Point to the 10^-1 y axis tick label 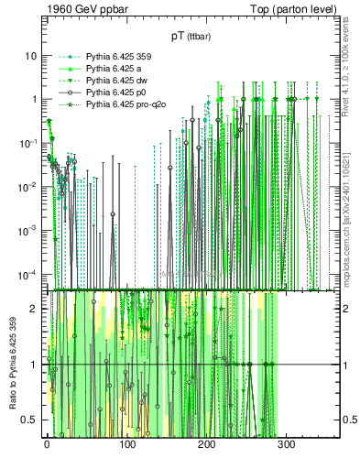tap(27, 142)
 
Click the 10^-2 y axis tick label tap(27, 186)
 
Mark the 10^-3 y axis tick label tap(27, 230)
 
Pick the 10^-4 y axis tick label tap(27, 274)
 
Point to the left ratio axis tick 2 tap(33, 309)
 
